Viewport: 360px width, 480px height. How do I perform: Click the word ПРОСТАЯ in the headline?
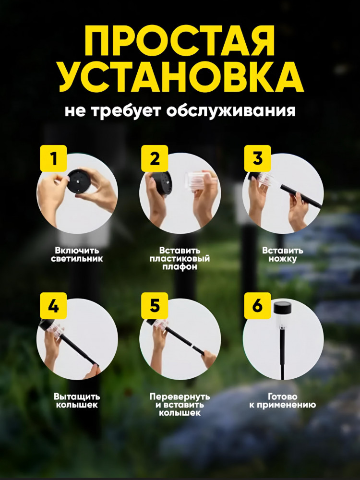pyautogui.click(x=180, y=41)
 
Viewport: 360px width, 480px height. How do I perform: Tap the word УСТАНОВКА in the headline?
pyautogui.click(x=181, y=77)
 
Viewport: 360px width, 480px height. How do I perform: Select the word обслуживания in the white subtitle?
pyautogui.click(x=231, y=111)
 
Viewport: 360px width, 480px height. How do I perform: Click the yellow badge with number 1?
pyautogui.click(x=53, y=158)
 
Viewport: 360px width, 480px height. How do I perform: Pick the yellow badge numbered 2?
pyautogui.click(x=155, y=158)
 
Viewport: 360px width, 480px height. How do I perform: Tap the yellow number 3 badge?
pyautogui.click(x=257, y=158)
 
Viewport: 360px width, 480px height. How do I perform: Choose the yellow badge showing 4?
pyautogui.click(x=53, y=306)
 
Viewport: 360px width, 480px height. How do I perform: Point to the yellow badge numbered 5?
pyautogui.click(x=155, y=306)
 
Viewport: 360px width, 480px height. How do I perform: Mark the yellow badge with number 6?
pyautogui.click(x=257, y=306)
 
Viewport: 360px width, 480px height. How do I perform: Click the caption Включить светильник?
pyautogui.click(x=77, y=255)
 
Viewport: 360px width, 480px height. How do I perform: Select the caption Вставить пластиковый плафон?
pyautogui.click(x=180, y=259)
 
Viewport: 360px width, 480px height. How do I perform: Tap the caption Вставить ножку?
pyautogui.click(x=283, y=255)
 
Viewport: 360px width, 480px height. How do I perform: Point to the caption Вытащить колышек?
pyautogui.click(x=77, y=401)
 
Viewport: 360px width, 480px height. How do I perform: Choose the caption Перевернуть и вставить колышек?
pyautogui.click(x=180, y=405)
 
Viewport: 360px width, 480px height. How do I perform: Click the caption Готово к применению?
pyautogui.click(x=283, y=401)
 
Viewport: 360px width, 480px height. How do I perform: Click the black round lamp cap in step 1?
pyautogui.click(x=79, y=181)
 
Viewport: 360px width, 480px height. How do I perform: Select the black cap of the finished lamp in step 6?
pyautogui.click(x=282, y=308)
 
